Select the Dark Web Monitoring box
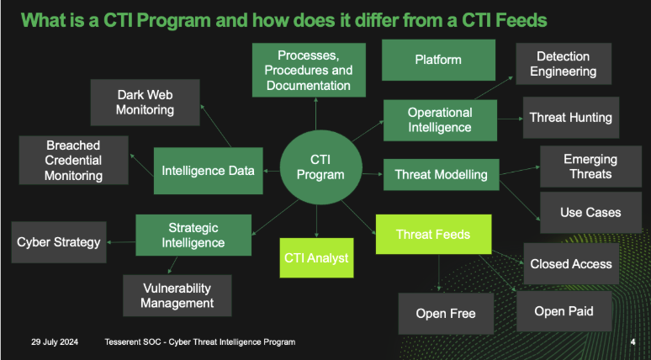pyautogui.click(x=146, y=102)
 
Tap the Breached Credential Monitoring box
pyautogui.click(x=74, y=160)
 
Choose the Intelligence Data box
pyautogui.click(x=208, y=171)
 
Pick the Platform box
pyautogui.click(x=438, y=60)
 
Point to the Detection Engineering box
pyautogui.click(x=563, y=64)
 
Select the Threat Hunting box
pyautogui.click(x=570, y=118)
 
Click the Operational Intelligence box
pyautogui.click(x=440, y=120)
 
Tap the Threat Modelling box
pyautogui.click(x=441, y=175)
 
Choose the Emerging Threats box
pyautogui.click(x=590, y=167)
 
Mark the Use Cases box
pyautogui.click(x=590, y=213)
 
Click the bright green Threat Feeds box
pyautogui.click(x=432, y=235)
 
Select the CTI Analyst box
pyautogui.click(x=315, y=258)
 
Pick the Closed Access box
pyautogui.click(x=571, y=264)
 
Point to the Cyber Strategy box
pyautogui.click(x=59, y=242)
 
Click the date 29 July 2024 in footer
pyautogui.click(x=56, y=342)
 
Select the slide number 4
pyautogui.click(x=632, y=342)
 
